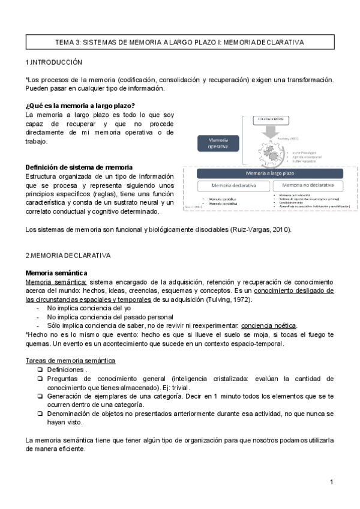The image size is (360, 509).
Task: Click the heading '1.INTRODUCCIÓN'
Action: pyautogui.click(x=54, y=62)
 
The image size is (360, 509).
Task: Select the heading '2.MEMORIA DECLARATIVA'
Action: pyautogui.click(x=68, y=255)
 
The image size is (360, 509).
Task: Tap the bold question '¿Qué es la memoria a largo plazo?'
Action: pyautogui.click(x=80, y=106)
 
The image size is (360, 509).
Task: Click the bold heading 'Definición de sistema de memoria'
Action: pyautogui.click(x=79, y=167)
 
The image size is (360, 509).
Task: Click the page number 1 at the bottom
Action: pyautogui.click(x=331, y=483)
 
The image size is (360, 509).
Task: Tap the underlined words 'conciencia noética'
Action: pyautogui.click(x=269, y=325)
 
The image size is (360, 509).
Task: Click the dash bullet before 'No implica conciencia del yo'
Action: pyautogui.click(x=39, y=309)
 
